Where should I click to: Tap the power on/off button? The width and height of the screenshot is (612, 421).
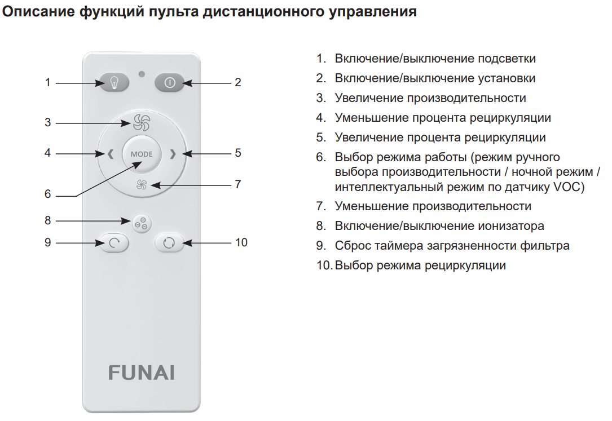pos(169,83)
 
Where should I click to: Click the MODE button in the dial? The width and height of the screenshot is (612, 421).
pos(142,154)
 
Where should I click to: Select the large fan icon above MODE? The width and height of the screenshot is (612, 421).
pos(141,122)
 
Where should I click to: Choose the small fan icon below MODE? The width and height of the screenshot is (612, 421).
pos(142,184)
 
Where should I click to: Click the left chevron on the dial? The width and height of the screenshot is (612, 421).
pos(111,154)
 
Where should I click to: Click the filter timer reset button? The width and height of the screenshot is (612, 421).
pos(114,243)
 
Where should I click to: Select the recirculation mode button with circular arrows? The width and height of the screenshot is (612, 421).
pos(169,243)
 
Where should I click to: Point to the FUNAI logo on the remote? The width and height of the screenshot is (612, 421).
pos(141,373)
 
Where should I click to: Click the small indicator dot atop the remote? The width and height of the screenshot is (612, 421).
pos(142,74)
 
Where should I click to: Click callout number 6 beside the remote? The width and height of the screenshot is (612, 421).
pos(47,194)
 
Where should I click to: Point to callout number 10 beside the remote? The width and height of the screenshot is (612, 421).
pos(241,242)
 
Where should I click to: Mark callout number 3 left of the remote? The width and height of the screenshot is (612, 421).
pos(47,122)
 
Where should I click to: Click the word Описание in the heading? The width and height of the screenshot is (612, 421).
pos(38,11)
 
